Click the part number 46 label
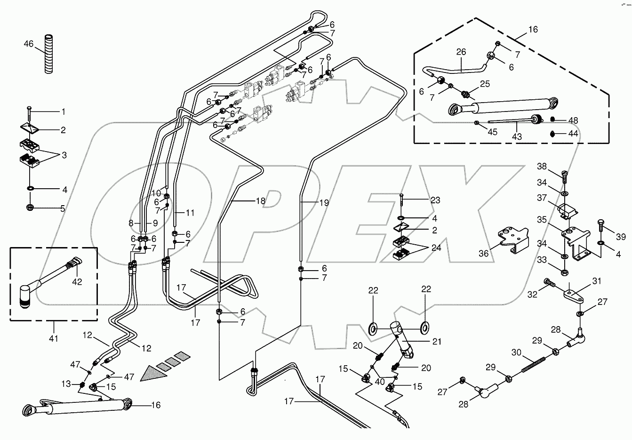coord(29,44)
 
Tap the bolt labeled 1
coord(29,112)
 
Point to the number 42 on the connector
coord(76,282)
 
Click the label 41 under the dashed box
coord(54,338)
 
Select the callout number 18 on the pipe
coord(260,201)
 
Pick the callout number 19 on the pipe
coord(324,203)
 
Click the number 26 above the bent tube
coord(460,52)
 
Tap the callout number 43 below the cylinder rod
coord(517,136)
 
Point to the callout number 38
coord(542,166)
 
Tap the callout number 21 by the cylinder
coord(437,342)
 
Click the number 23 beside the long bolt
coord(435,200)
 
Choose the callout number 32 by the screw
coord(532,295)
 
